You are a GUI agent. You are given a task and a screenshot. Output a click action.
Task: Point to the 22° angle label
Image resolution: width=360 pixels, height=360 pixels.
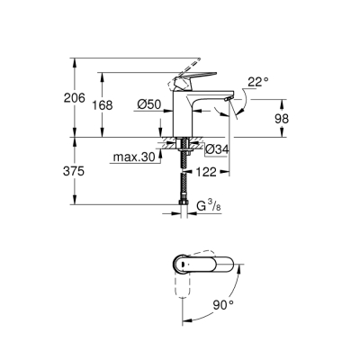pyautogui.click(x=258, y=83)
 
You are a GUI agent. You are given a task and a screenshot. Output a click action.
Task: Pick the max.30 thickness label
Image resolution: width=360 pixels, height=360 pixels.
pyautogui.click(x=130, y=159)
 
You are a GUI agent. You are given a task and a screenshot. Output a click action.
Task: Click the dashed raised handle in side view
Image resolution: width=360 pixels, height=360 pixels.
pyautogui.click(x=189, y=68)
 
